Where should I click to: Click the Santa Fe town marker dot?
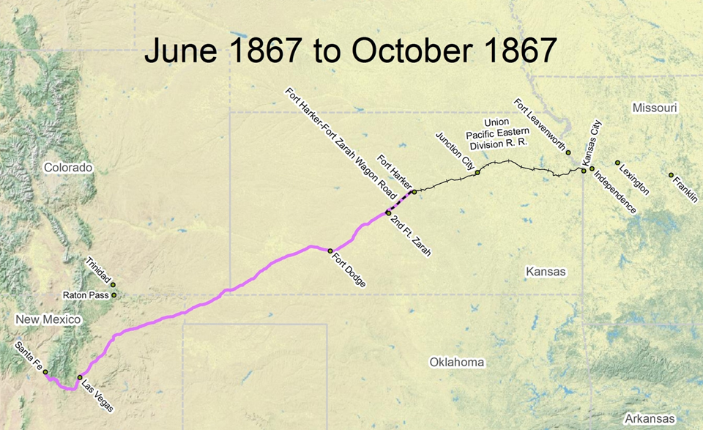click(x=45, y=372)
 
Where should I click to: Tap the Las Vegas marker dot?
click(x=80, y=378)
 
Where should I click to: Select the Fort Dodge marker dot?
click(x=330, y=251)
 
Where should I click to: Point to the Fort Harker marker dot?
click(x=414, y=192)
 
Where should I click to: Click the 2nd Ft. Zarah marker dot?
click(x=389, y=212)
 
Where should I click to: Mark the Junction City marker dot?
click(x=477, y=172)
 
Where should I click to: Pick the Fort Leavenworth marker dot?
click(x=568, y=152)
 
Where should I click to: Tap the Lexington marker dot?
click(x=617, y=163)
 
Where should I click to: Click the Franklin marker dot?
click(x=671, y=175)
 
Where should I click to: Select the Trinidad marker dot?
click(x=113, y=284)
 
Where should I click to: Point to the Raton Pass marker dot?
click(x=114, y=295)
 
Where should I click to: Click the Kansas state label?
click(x=546, y=272)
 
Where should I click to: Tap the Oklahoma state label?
click(x=457, y=362)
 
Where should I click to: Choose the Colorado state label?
click(x=68, y=168)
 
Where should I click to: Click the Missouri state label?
click(x=655, y=108)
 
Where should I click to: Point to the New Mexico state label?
click(x=48, y=320)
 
